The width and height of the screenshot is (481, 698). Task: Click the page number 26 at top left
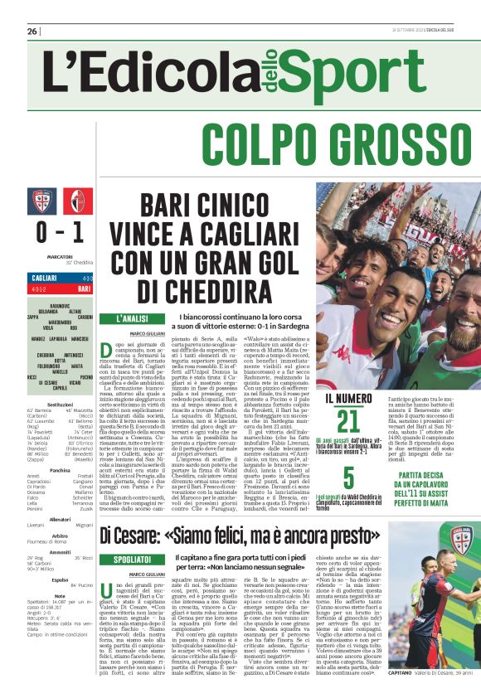[32, 32]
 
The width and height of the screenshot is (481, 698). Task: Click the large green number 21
[348, 421]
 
